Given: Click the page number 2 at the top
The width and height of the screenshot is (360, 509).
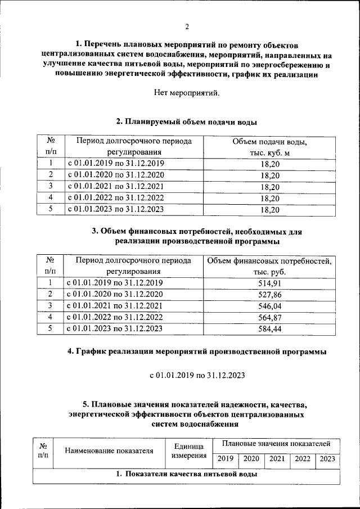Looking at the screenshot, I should tap(187, 26).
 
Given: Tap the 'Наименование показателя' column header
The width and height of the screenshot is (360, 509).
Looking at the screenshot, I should tap(109, 450).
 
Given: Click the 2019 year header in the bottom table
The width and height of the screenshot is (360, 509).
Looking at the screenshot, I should tap(225, 459).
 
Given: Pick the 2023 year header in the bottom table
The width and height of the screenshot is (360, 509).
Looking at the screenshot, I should tap(327, 459).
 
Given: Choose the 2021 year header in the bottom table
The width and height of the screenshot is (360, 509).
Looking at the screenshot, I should tap(276, 459).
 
